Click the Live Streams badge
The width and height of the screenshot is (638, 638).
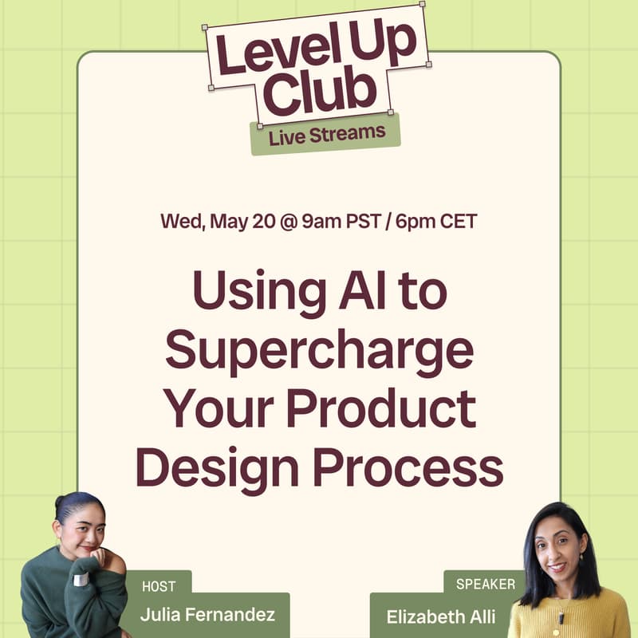click(x=325, y=134)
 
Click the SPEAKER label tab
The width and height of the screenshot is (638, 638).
click(x=486, y=584)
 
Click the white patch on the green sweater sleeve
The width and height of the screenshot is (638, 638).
click(x=81, y=579)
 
